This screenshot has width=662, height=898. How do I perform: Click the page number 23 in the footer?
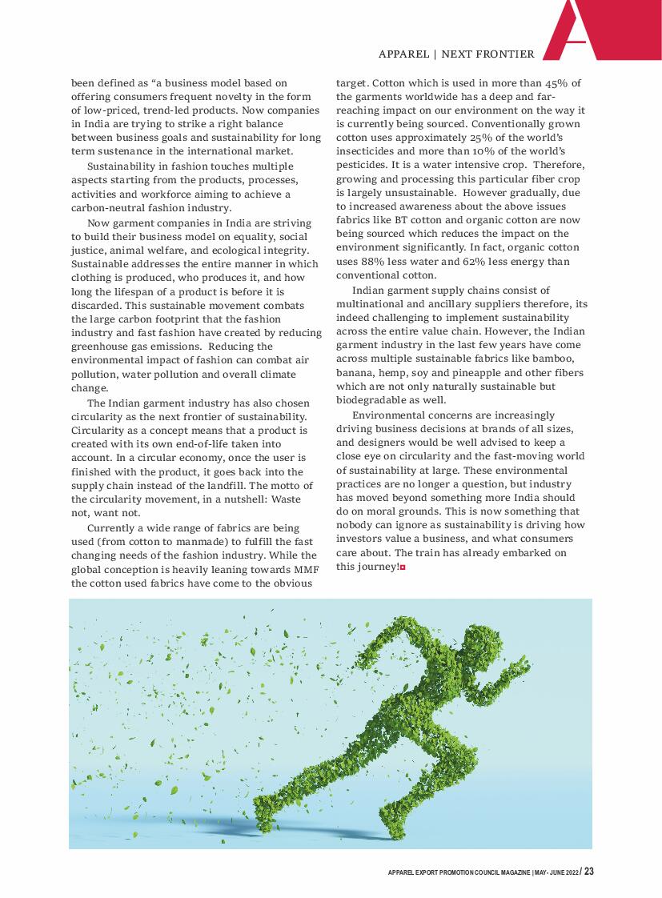(x=589, y=872)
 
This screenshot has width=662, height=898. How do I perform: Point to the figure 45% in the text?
(x=558, y=82)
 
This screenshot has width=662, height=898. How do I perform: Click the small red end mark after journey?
(x=403, y=567)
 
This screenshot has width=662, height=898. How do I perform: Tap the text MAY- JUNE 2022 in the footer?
(x=556, y=873)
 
